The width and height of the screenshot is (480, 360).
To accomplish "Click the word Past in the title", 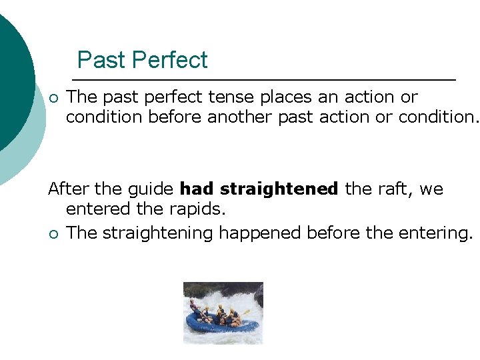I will (99, 61).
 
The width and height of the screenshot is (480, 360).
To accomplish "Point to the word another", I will (239, 118).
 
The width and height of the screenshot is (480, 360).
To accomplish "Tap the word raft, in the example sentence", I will (391, 189).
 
